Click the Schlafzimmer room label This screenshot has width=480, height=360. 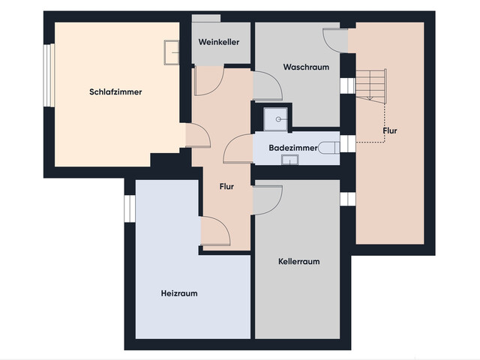point(115,91)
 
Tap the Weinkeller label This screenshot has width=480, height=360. point(219,42)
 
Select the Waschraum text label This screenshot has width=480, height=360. point(306,67)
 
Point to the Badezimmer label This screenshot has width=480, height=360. point(293,148)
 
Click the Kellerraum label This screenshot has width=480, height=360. point(298,262)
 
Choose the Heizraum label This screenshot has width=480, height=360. point(179,293)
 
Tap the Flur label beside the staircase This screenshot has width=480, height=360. point(390,130)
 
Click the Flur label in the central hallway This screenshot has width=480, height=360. point(226,187)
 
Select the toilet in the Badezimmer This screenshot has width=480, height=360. point(328,148)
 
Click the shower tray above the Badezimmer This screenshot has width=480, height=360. point(276,119)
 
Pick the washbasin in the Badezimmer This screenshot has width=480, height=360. point(290,160)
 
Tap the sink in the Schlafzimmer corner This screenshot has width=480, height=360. point(172,52)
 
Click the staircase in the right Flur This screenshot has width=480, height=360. point(371,85)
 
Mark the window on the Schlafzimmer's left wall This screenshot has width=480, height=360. point(49,75)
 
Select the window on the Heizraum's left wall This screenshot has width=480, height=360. point(130,208)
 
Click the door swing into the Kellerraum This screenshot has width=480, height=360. point(268,199)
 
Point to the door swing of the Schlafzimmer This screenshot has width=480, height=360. point(198,135)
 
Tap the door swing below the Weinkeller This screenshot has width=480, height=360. point(209,81)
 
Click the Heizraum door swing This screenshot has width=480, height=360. point(215,231)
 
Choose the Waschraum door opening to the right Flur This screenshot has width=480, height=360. point(335,40)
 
